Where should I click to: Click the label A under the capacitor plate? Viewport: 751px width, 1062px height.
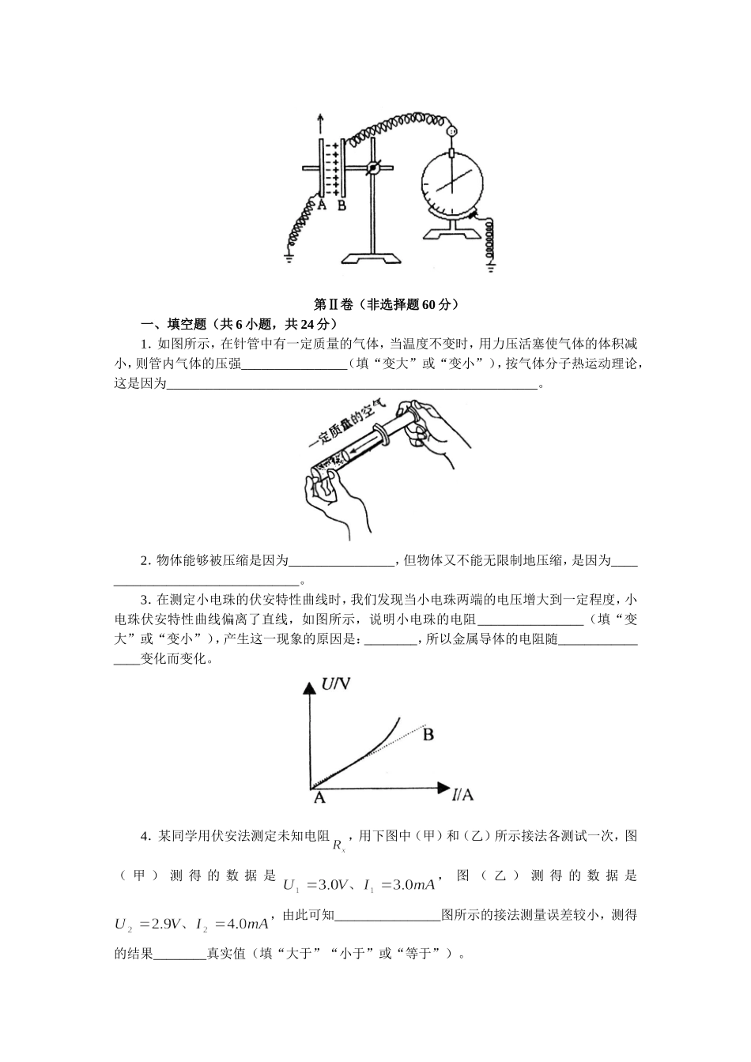(x=321, y=205)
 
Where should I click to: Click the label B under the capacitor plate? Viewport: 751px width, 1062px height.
(x=342, y=205)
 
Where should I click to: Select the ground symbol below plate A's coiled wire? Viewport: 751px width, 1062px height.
(x=289, y=255)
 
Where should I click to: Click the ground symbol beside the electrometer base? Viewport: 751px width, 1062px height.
(x=491, y=267)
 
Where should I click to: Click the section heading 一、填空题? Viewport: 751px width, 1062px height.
(x=173, y=324)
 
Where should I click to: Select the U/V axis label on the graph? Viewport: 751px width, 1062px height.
(x=335, y=684)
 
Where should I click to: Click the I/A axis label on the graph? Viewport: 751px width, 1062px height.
(x=462, y=794)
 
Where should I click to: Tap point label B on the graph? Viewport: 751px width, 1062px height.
(x=428, y=736)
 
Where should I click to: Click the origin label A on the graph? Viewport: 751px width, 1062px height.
(x=319, y=798)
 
